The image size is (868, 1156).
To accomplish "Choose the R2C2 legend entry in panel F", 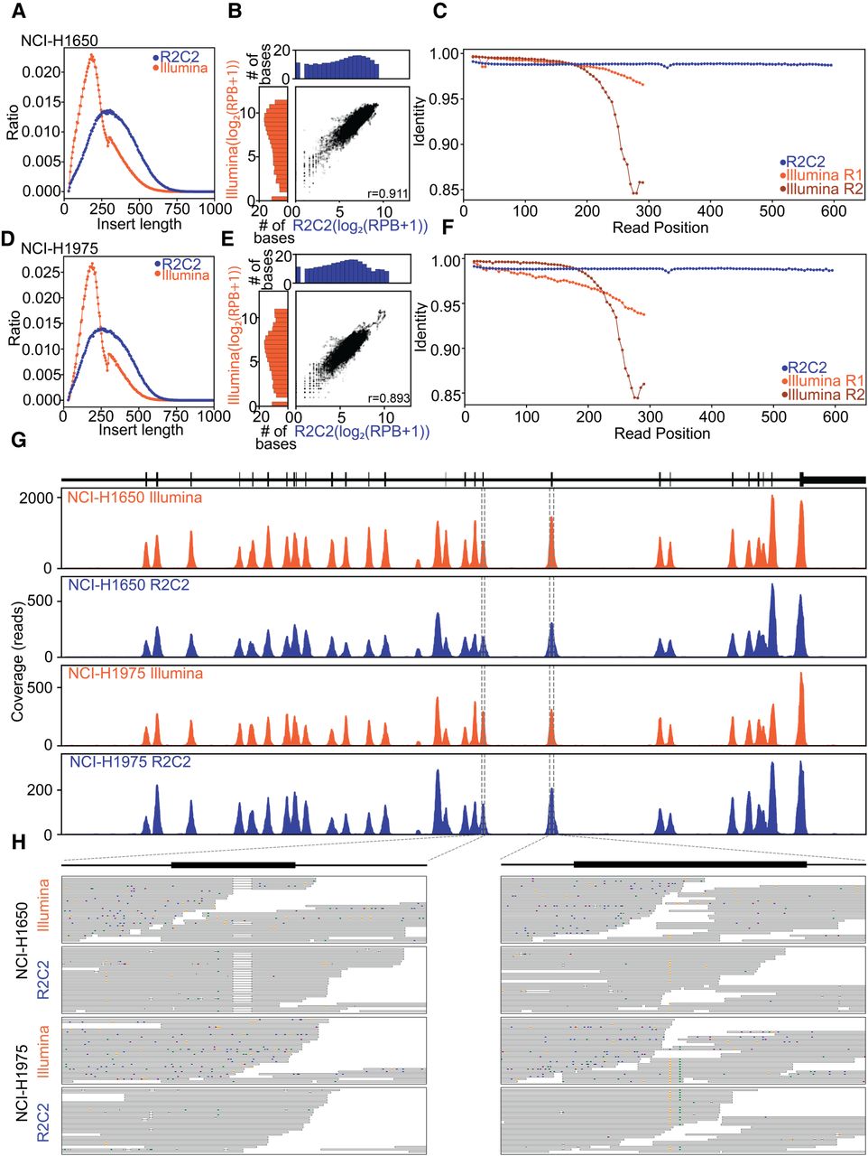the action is tap(805, 367).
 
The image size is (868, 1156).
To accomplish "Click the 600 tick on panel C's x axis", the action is tap(834, 211).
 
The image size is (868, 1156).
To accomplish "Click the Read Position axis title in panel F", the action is tap(661, 433).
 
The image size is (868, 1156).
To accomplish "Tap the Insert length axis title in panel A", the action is tap(140, 224).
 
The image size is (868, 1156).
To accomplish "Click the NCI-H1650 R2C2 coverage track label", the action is tap(129, 585).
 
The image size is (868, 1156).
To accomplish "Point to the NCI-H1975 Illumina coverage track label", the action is tap(135, 674).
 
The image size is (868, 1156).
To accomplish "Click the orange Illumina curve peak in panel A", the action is tap(91, 55).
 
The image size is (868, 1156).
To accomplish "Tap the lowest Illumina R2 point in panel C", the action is tap(634, 192).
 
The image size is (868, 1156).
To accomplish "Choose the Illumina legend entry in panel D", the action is tap(182, 275).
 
